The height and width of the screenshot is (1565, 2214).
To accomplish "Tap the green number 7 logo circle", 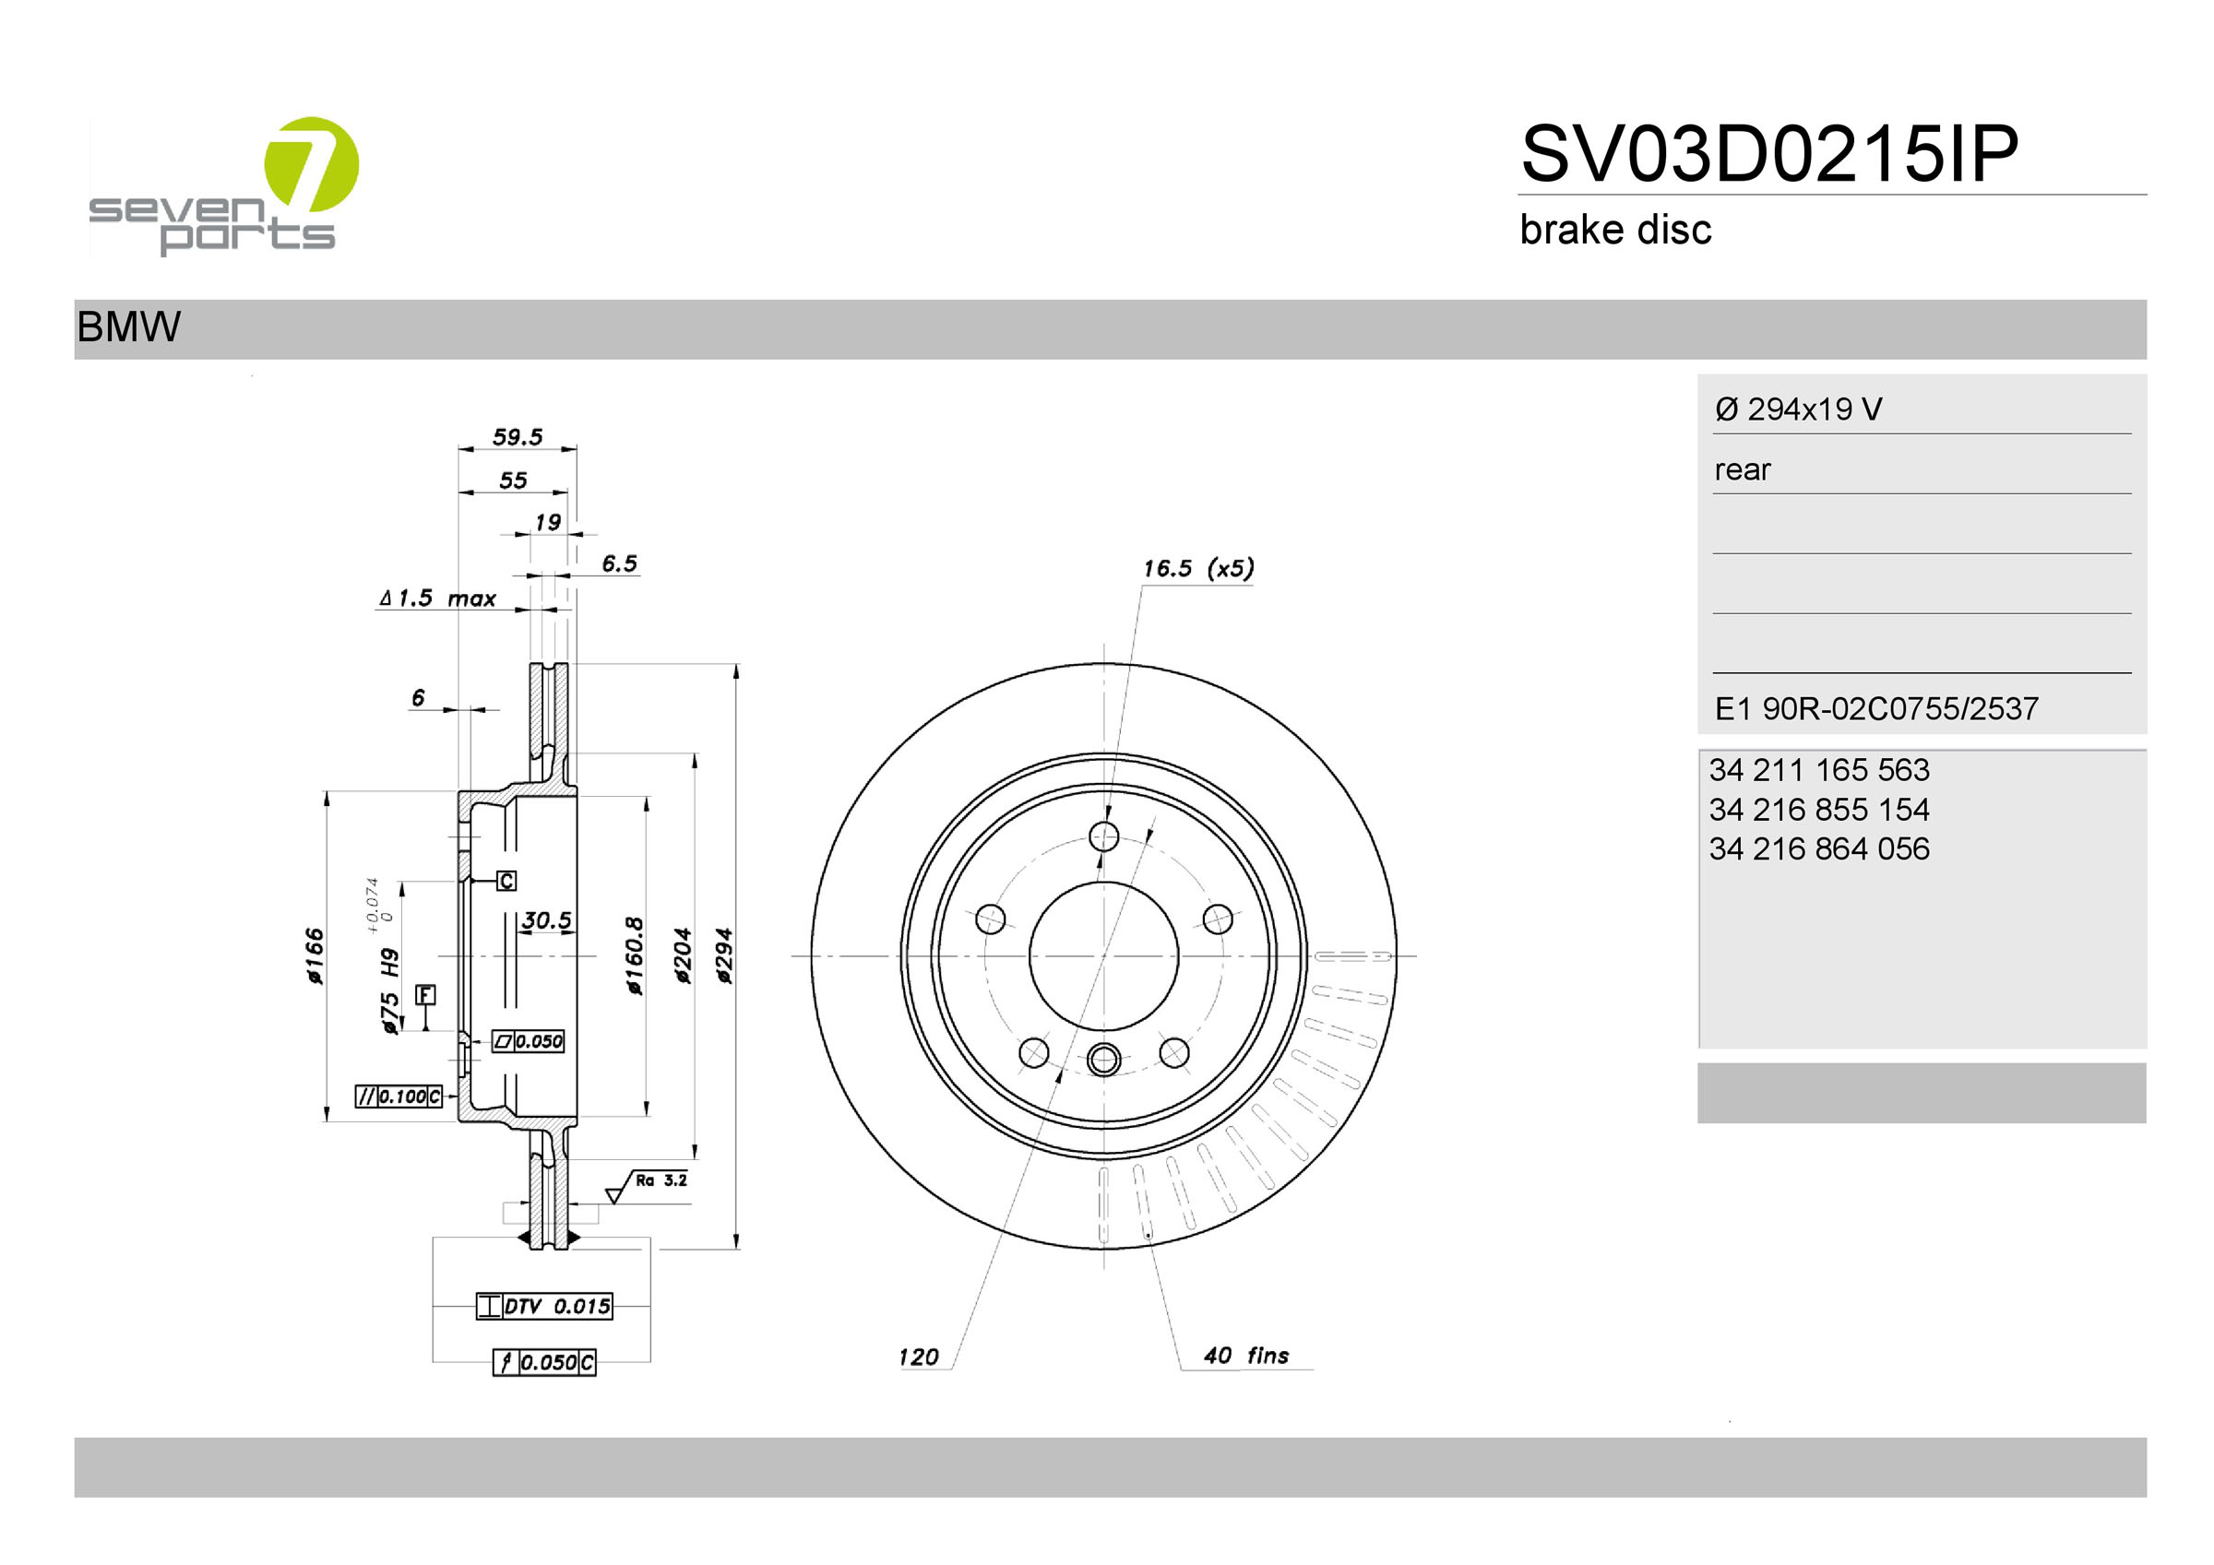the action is point(311,164).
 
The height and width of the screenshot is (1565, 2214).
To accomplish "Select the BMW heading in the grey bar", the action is point(128,326).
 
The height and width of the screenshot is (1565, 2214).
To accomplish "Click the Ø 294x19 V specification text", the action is point(1797,409).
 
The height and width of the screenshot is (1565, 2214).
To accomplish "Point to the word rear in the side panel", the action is point(1743,469).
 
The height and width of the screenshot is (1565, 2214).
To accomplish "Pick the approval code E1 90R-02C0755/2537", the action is point(1875,709).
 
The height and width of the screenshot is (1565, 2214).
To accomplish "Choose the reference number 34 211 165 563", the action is point(1818,769).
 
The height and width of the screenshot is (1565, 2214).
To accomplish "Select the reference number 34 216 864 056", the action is point(1818,848).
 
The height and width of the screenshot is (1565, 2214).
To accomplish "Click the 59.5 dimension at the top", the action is point(518,437).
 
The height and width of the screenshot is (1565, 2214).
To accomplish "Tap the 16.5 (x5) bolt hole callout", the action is point(1198,568).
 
